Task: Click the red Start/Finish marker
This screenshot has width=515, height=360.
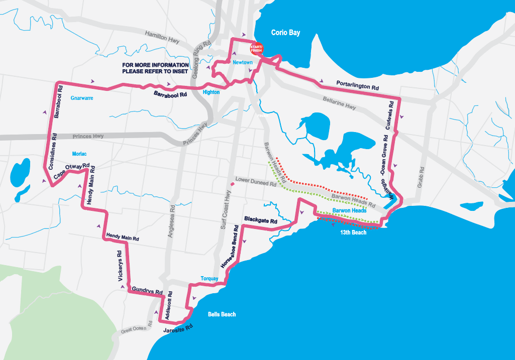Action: pyautogui.click(x=257, y=49)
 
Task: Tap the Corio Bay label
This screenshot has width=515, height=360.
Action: pyautogui.click(x=285, y=32)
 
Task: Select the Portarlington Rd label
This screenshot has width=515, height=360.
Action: pyautogui.click(x=357, y=84)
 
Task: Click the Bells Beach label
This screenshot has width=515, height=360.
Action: pyautogui.click(x=222, y=314)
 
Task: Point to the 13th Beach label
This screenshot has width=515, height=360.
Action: pyautogui.click(x=353, y=232)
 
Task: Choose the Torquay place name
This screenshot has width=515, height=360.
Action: pyautogui.click(x=210, y=278)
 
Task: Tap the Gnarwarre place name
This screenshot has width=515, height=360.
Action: pyautogui.click(x=82, y=98)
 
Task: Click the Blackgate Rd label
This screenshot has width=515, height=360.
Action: pyautogui.click(x=260, y=220)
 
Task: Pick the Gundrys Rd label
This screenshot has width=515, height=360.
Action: pyautogui.click(x=148, y=290)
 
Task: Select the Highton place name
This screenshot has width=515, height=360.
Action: pyautogui.click(x=212, y=92)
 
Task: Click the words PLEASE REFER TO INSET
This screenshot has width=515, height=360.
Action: pyautogui.click(x=155, y=71)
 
